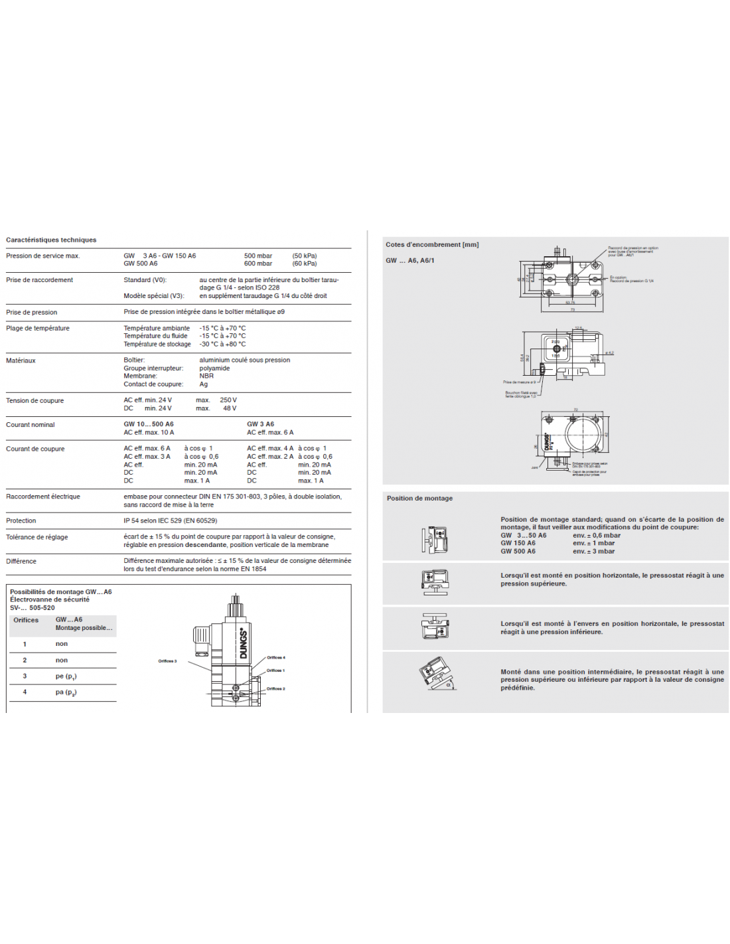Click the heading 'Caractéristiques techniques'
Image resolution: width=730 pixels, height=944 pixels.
(x=51, y=240)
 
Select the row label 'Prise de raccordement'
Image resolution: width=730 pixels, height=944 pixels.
(x=39, y=280)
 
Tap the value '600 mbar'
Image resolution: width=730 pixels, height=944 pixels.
(x=257, y=264)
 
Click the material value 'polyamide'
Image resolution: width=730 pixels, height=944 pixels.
(x=214, y=368)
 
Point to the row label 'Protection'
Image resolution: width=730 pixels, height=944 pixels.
(x=21, y=521)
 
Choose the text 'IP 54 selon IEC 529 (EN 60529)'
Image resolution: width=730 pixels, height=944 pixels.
(x=170, y=521)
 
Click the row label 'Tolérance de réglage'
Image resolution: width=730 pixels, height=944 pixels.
(x=36, y=537)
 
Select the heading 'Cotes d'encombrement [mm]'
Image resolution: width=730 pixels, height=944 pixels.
(x=432, y=245)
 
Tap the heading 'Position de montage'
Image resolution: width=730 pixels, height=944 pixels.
(x=419, y=499)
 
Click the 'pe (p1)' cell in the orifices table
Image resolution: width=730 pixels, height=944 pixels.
(x=66, y=676)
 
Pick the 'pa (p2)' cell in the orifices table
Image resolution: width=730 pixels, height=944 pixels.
(x=66, y=692)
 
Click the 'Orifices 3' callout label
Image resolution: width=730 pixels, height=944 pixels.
(x=167, y=661)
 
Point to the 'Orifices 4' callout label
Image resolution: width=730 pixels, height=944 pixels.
(x=275, y=658)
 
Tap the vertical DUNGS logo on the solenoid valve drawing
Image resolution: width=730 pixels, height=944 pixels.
(x=243, y=643)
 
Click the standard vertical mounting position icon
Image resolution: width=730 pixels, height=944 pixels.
(x=435, y=540)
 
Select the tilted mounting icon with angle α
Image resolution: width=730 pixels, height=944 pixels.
(x=436, y=674)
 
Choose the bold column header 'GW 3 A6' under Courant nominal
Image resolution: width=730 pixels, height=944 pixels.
(x=260, y=424)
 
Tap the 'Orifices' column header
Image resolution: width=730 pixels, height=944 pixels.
(x=26, y=621)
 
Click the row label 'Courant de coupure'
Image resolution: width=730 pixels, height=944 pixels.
(x=35, y=449)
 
